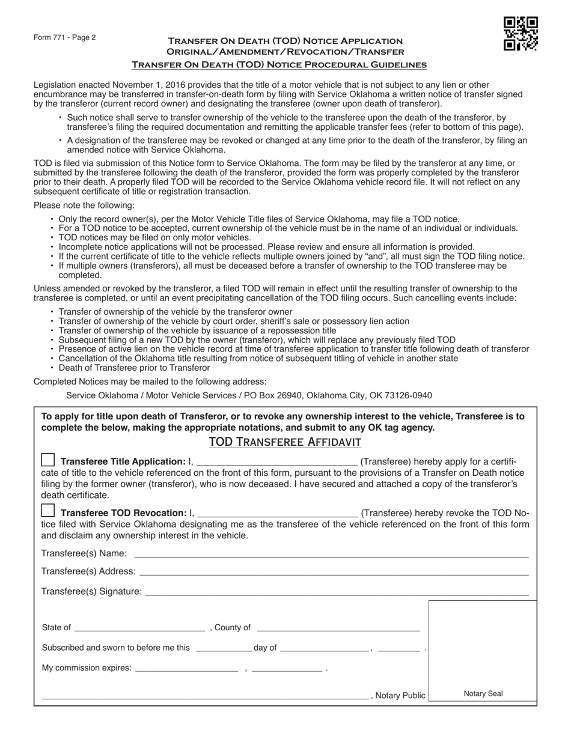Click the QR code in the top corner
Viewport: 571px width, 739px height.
pos(520,34)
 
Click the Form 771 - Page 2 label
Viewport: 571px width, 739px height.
pos(64,37)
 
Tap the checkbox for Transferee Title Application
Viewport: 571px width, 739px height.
pos(47,461)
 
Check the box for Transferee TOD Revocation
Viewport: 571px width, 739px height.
pos(47,512)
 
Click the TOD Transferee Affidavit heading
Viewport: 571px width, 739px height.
pos(285,442)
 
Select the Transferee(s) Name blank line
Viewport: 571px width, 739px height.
pos(331,553)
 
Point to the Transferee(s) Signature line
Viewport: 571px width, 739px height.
pos(337,592)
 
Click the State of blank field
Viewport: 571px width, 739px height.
pos(139,628)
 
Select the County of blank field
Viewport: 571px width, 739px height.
pos(338,628)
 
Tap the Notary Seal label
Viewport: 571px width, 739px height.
pos(483,693)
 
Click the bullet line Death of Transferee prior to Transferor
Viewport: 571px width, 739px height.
pos(134,368)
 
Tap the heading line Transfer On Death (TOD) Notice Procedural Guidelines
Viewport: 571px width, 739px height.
pos(279,64)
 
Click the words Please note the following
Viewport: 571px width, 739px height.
pos(84,205)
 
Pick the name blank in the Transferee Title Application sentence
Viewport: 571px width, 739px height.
pos(277,462)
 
